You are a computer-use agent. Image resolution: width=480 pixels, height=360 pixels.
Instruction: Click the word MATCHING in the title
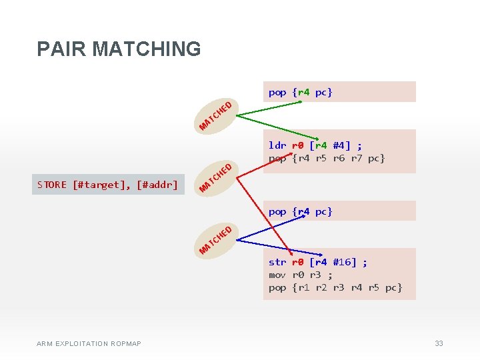point(147,49)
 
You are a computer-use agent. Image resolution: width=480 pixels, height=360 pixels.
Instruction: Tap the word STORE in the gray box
point(52,185)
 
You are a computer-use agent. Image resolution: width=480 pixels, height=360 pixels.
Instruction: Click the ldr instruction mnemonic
point(277,145)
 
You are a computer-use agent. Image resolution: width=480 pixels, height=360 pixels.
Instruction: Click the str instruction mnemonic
point(277,262)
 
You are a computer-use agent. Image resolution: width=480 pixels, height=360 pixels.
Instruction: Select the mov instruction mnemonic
point(277,275)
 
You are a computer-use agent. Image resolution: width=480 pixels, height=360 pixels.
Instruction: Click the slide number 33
point(439,343)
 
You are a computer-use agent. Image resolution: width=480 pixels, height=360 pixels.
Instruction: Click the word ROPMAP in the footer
point(126,344)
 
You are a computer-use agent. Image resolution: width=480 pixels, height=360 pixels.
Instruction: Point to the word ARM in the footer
point(45,344)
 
